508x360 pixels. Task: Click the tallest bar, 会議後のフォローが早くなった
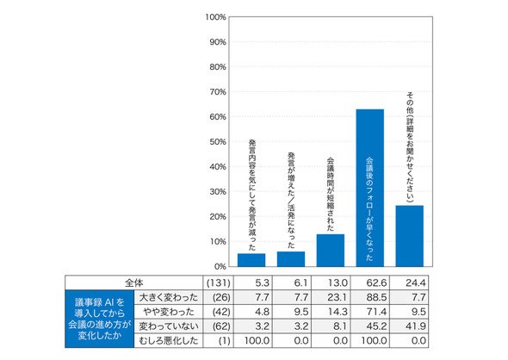pos(369,188)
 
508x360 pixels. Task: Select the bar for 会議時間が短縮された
pos(330,251)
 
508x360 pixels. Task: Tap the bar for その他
pos(409,236)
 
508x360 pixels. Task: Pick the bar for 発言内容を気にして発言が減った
pos(251,260)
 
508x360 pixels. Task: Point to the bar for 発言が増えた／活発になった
pos(291,259)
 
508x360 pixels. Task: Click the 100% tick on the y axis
pos(215,17)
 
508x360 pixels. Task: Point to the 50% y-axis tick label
pos(217,141)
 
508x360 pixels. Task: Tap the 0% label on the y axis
pos(220,266)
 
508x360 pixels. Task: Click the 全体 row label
pos(133,282)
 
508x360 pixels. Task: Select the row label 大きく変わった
pos(168,297)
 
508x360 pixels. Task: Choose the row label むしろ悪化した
pos(168,340)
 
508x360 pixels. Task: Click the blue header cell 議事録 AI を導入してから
pos(99,307)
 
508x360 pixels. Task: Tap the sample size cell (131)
pos(219,282)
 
